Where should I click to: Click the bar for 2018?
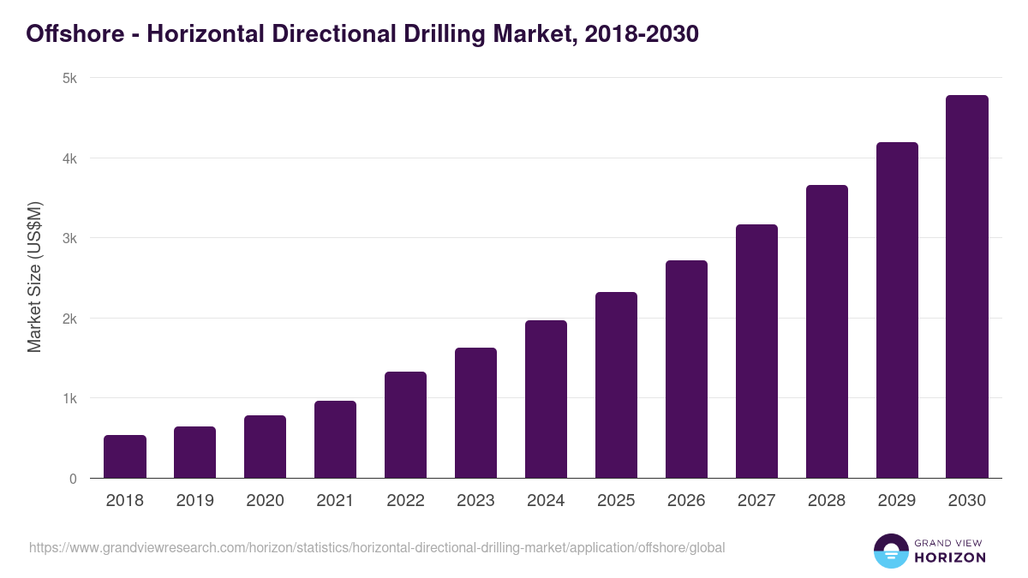125,456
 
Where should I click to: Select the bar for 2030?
967,287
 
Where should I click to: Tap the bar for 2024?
546,399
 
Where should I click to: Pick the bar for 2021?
335,439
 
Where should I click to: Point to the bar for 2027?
756,351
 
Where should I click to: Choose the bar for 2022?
405,425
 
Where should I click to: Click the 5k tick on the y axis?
69,78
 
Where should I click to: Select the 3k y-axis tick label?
69,238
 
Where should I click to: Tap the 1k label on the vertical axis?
69,398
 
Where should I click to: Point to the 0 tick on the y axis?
73,479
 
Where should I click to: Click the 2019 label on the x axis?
195,501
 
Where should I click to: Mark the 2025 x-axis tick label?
616,501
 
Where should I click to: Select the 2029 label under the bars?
897,501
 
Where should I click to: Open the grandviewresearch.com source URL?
377,547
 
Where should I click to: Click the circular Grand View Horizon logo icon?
890,551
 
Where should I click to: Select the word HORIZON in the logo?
950,557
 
